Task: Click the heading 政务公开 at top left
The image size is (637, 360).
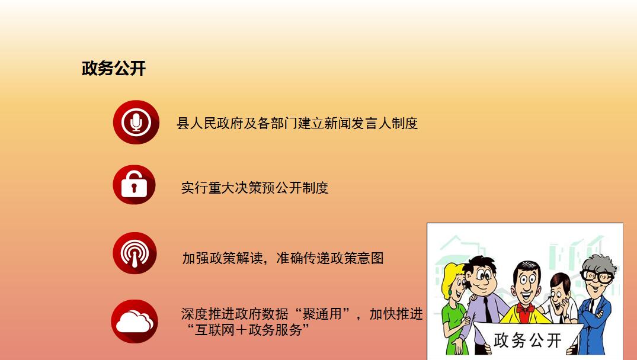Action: tap(114, 69)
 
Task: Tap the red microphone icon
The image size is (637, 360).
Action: tap(136, 122)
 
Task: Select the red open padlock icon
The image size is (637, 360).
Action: tap(135, 185)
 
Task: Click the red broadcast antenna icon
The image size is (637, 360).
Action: tap(135, 253)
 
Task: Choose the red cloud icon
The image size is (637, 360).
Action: tap(135, 322)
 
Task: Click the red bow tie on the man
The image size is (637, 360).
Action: tap(525, 309)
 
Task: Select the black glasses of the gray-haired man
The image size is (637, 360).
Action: tap(596, 277)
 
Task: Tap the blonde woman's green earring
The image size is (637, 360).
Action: tap(450, 292)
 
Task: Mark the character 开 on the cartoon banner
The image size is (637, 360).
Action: tap(553, 340)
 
